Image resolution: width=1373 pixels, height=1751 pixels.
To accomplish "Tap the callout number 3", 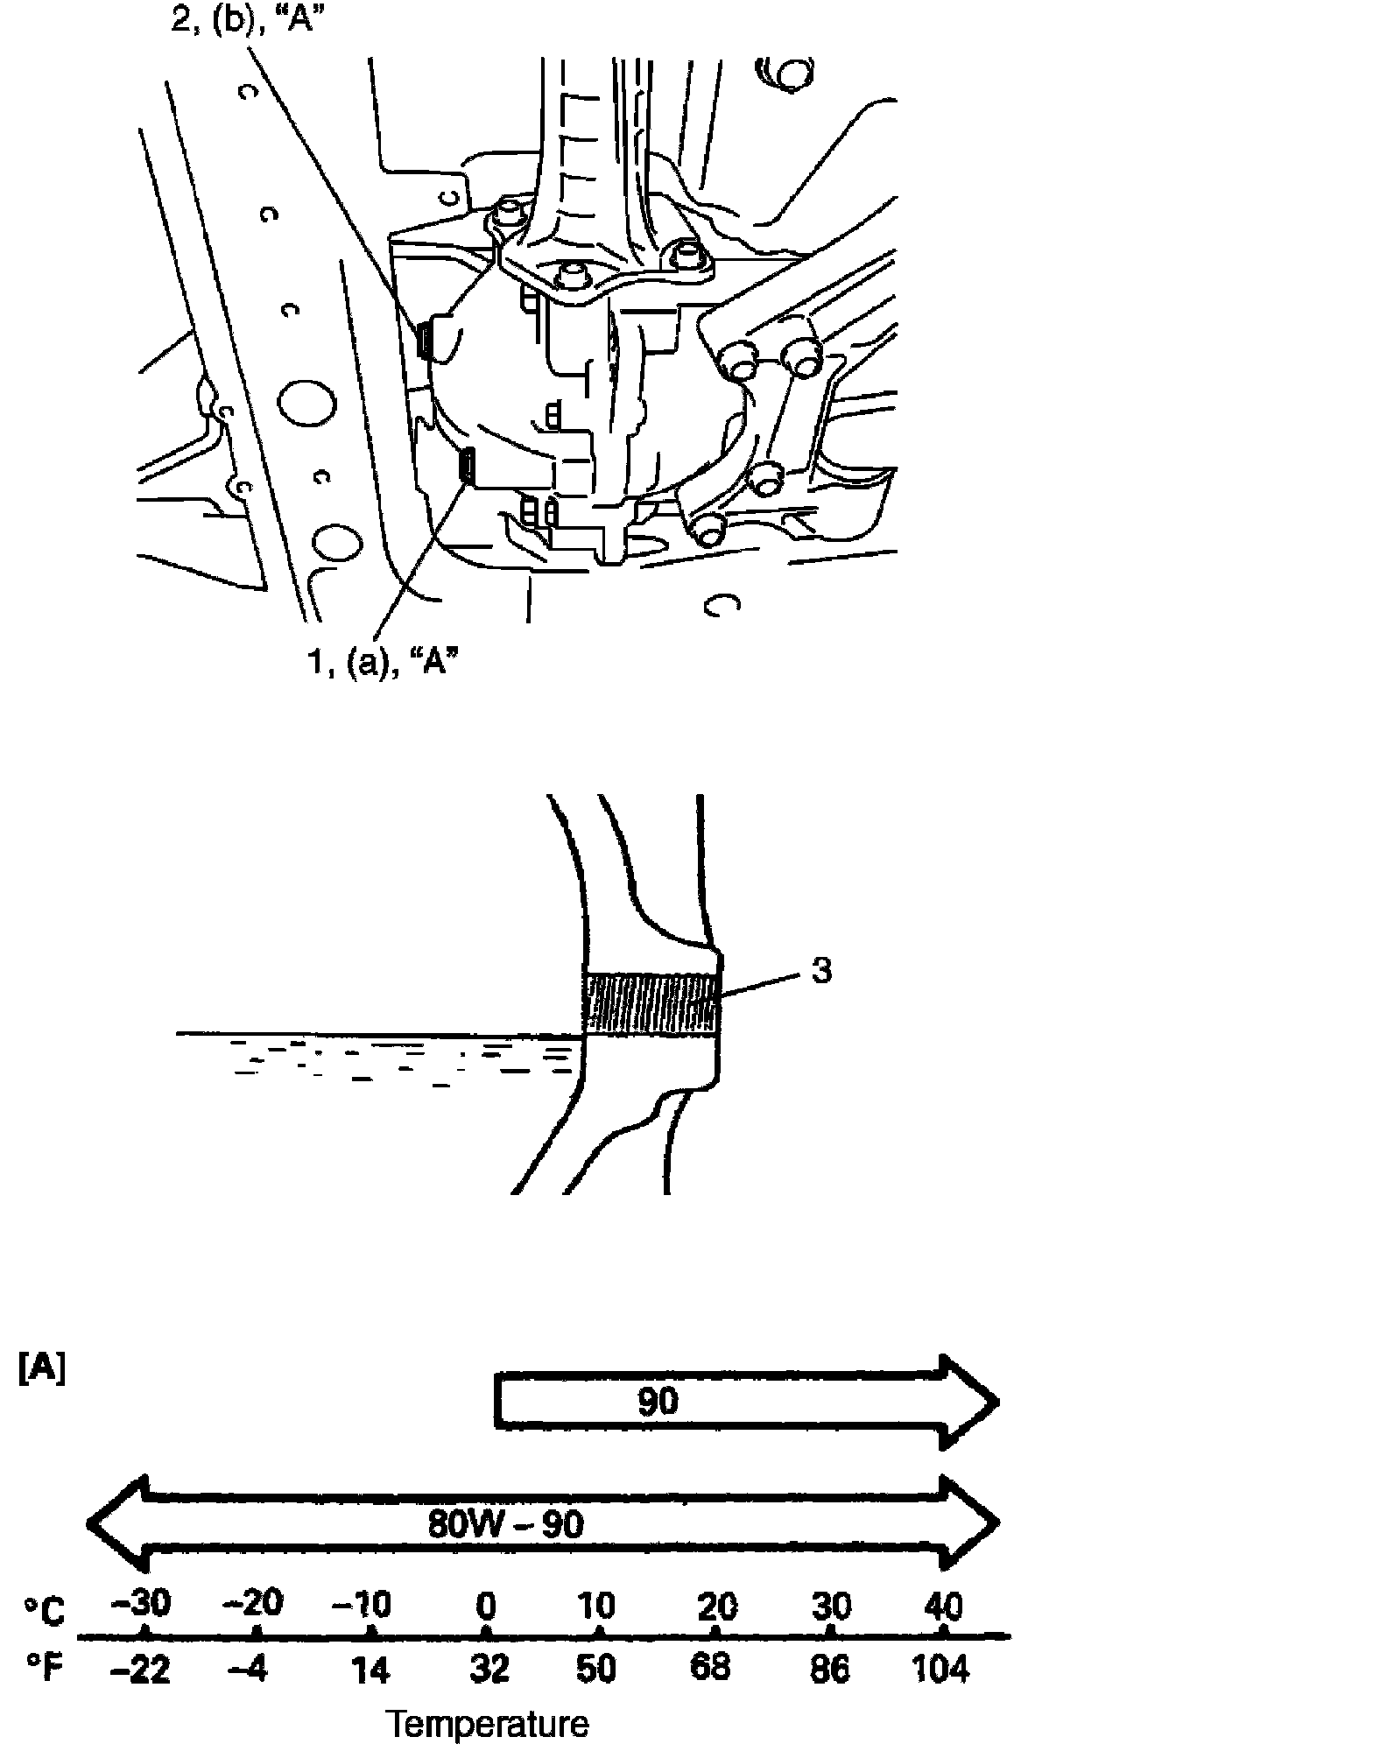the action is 820,972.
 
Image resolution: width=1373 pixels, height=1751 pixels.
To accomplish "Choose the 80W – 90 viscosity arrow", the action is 543,1522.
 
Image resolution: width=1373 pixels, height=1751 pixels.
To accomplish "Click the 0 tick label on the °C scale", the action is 486,1607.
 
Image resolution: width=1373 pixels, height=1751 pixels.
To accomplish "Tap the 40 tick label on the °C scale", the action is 942,1607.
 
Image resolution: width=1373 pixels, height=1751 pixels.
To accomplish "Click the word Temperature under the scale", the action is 488,1724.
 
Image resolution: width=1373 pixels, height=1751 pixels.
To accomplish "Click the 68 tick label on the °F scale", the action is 710,1668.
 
